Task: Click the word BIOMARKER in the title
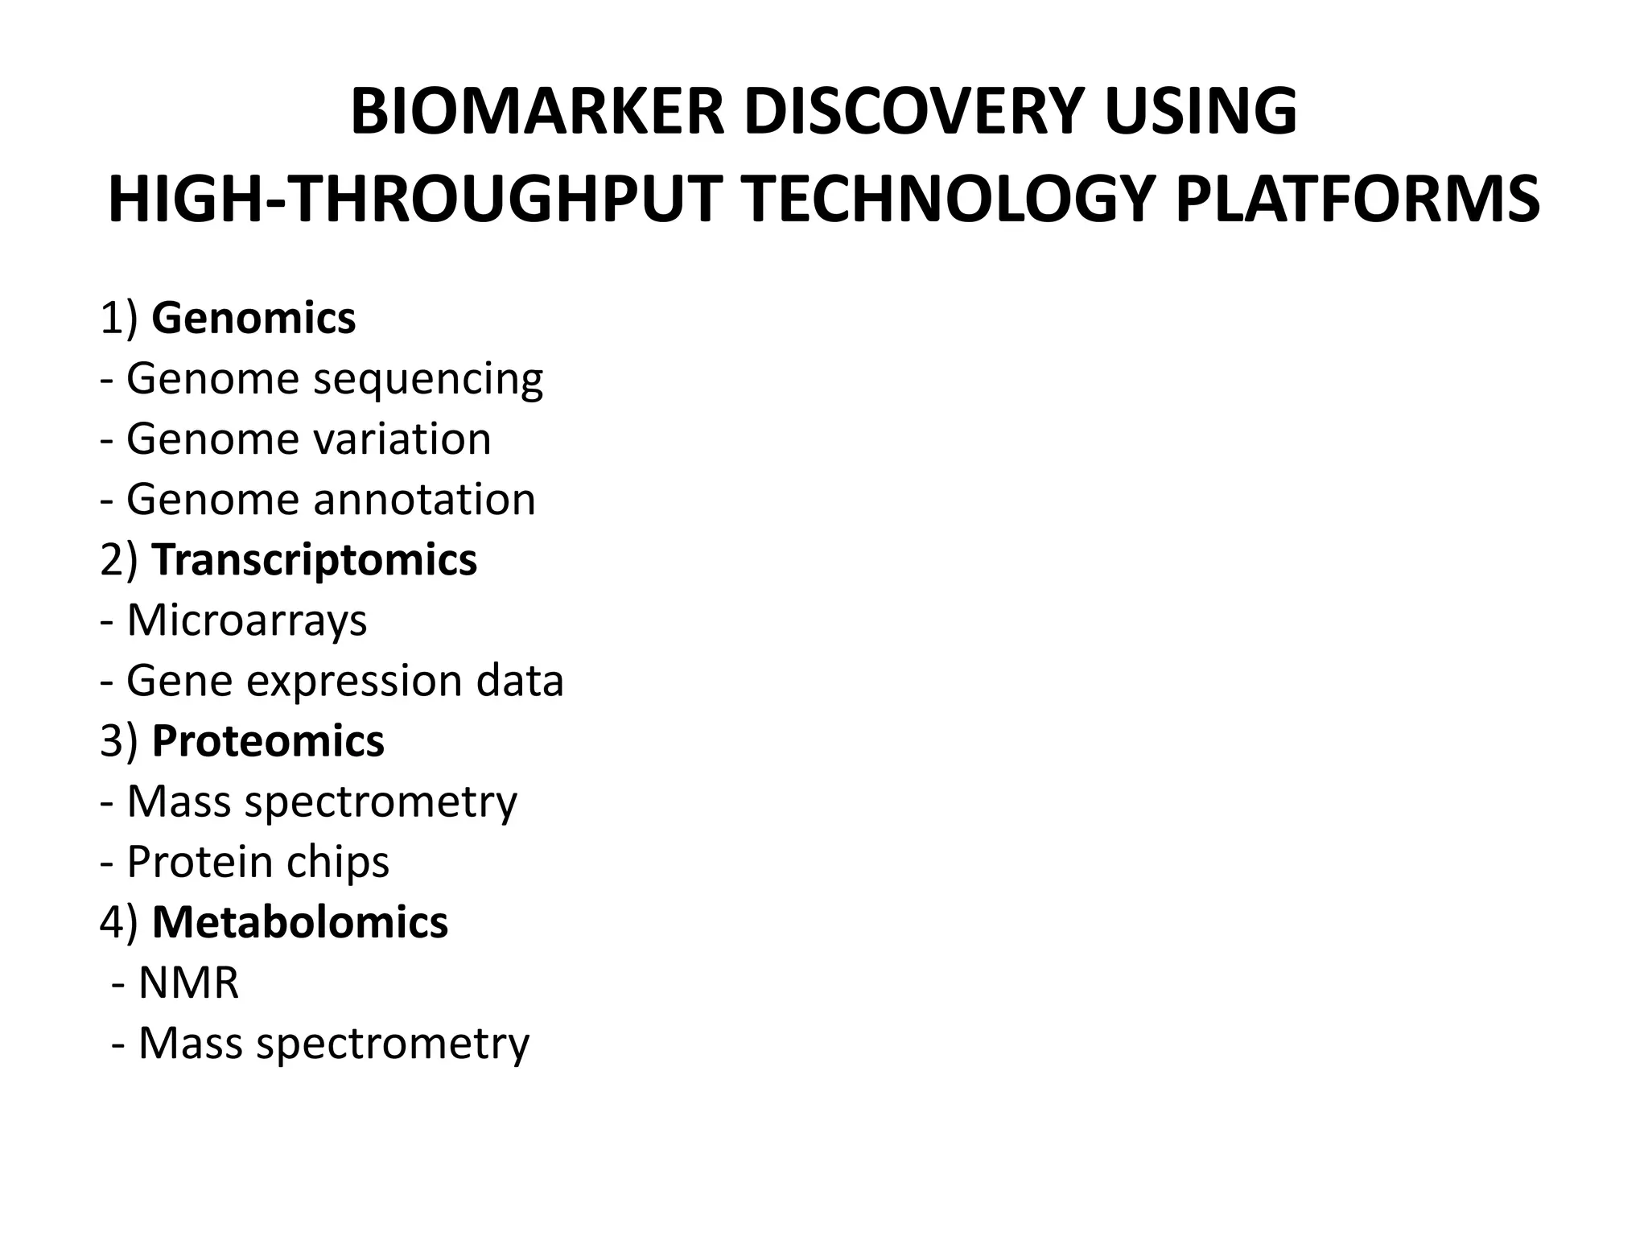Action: pos(538,112)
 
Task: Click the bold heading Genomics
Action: pos(253,319)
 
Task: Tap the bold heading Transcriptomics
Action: pos(315,560)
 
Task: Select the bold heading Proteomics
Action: pos(268,741)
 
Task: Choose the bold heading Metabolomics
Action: pos(300,922)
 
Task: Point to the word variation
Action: pos(402,439)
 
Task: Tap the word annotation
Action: pos(424,500)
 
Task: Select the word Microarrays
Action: pos(247,620)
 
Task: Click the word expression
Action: pos(354,682)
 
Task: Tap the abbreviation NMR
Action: pos(189,983)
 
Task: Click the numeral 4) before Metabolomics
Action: pos(119,922)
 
